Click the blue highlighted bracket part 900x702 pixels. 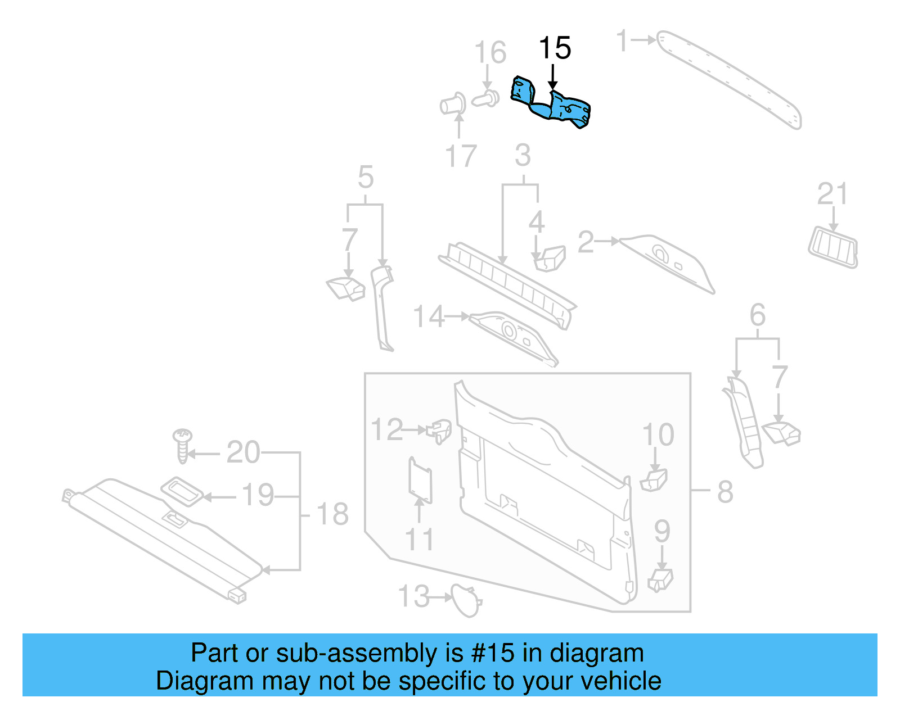(x=554, y=105)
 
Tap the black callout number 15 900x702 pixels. (x=555, y=48)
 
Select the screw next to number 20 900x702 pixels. (x=182, y=445)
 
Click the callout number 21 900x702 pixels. (x=832, y=194)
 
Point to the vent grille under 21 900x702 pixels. (x=833, y=247)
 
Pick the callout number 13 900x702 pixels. (x=414, y=596)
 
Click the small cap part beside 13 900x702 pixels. (x=466, y=600)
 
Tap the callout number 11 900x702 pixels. (x=419, y=540)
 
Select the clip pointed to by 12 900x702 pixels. (x=440, y=431)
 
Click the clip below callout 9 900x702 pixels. (x=660, y=579)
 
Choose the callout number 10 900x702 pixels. (x=658, y=435)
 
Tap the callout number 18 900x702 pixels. (x=332, y=514)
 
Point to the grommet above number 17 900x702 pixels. (x=453, y=105)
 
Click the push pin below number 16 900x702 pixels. (x=485, y=99)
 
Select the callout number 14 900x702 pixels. (x=429, y=316)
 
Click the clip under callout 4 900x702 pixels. (x=549, y=258)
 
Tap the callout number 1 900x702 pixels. (x=622, y=40)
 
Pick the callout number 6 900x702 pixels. (x=758, y=315)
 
